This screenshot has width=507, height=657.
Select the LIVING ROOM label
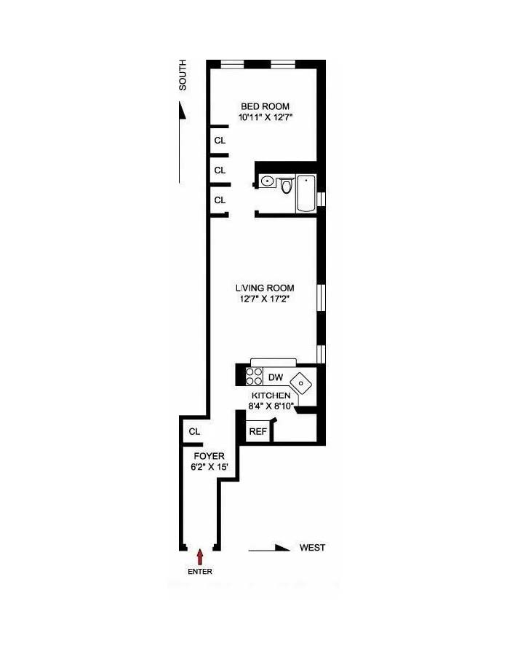[x=264, y=288]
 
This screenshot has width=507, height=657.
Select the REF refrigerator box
[x=258, y=431]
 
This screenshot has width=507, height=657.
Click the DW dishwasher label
[x=275, y=377]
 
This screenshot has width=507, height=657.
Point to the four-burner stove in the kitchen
[x=254, y=376]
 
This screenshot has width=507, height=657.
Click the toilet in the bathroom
[x=286, y=186]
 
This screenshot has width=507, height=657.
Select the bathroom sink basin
[x=268, y=181]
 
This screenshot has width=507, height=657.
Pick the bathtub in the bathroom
[x=306, y=193]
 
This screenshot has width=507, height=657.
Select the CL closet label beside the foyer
[x=193, y=432]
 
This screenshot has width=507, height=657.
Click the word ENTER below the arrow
[x=200, y=572]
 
